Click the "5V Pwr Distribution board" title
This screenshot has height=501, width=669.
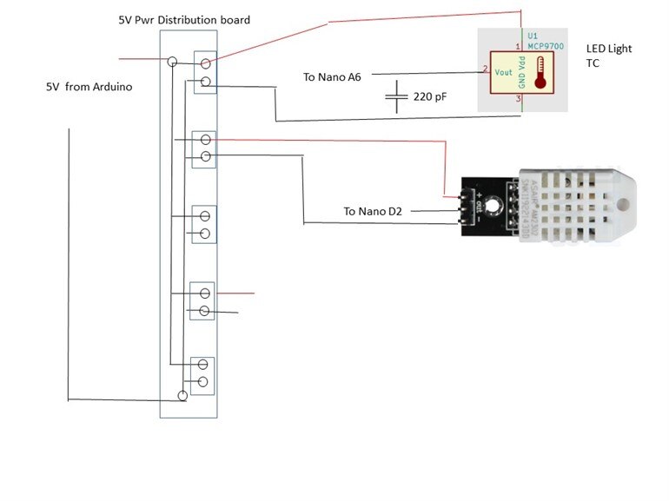click(184, 19)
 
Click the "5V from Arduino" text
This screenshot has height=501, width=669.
click(89, 88)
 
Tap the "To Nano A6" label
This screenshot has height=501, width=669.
click(332, 77)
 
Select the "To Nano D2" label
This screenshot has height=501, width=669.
click(374, 211)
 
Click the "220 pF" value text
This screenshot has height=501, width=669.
click(430, 97)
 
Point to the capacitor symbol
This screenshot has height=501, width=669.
click(396, 96)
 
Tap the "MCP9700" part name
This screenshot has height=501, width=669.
click(546, 46)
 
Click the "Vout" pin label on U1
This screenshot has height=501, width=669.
click(503, 72)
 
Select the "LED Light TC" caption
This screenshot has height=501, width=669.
click(608, 56)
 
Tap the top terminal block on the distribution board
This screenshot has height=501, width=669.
click(205, 73)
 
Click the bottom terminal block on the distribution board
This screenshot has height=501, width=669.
click(203, 374)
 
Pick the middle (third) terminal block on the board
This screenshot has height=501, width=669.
click(204, 225)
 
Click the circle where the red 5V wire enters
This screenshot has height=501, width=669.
click(173, 62)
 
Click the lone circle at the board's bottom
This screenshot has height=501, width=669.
click(182, 396)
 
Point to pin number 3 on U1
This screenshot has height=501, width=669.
click(518, 99)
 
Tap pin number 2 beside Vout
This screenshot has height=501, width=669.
click(485, 68)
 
